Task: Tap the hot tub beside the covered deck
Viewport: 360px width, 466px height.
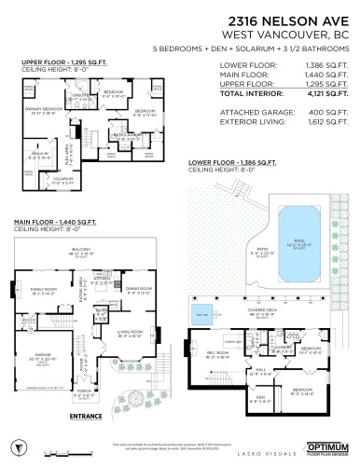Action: tap(200, 312)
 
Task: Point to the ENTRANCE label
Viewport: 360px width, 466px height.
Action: tap(87, 416)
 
